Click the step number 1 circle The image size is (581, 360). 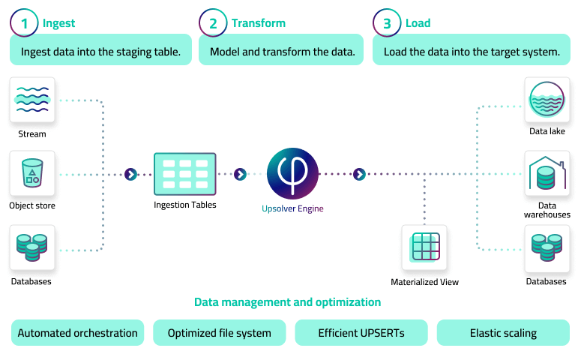(x=24, y=23)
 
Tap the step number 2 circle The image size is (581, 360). (x=214, y=23)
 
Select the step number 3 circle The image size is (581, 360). (x=387, y=23)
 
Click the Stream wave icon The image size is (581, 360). (x=32, y=100)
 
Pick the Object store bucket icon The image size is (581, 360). (x=32, y=173)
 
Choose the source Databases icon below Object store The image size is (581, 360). (x=32, y=247)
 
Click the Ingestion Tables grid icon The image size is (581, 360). (x=184, y=174)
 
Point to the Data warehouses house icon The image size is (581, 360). (x=547, y=173)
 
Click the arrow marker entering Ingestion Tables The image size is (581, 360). (x=130, y=174)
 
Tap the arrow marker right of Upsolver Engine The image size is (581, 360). (x=360, y=174)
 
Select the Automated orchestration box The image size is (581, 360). (x=78, y=333)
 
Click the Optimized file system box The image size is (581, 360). (x=220, y=333)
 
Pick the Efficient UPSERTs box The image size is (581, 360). (x=361, y=333)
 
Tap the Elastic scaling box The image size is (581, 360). (x=503, y=333)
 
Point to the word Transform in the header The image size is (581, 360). (x=258, y=23)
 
